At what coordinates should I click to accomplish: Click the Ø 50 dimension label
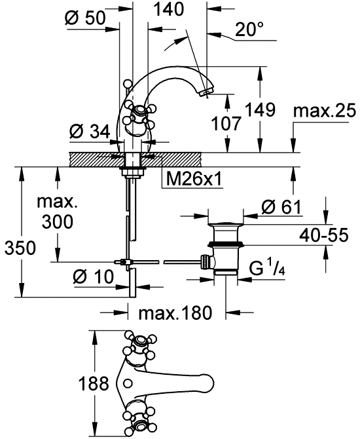(x=85, y=18)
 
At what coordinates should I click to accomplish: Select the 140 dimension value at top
(x=169, y=9)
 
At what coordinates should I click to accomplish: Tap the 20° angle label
(x=249, y=29)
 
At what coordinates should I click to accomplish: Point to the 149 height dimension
(x=261, y=109)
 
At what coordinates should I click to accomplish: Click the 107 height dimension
(x=226, y=123)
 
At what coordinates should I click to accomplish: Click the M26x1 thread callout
(x=194, y=179)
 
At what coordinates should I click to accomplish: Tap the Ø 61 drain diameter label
(x=281, y=208)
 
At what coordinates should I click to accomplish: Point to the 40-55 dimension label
(x=324, y=235)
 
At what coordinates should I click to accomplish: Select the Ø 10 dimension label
(x=94, y=277)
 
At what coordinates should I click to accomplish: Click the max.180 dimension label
(x=175, y=313)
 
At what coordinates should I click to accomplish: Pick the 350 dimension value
(x=20, y=248)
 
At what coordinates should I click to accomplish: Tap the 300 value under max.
(x=58, y=221)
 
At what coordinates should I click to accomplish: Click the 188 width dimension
(x=94, y=383)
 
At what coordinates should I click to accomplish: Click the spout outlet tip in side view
(x=206, y=92)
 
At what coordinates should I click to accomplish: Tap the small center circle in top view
(x=128, y=383)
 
